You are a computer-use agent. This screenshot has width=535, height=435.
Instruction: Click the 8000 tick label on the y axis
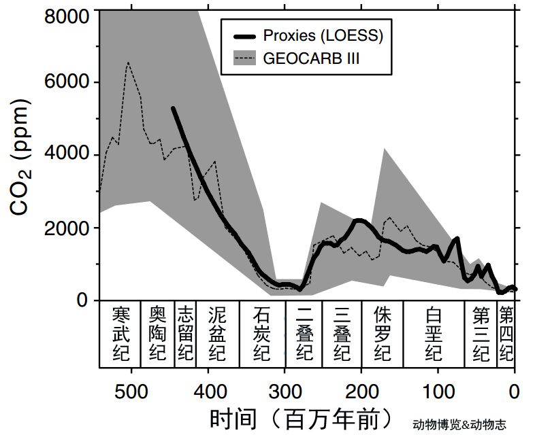tap(67, 13)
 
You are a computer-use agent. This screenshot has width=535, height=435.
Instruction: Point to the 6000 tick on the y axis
tap(67, 82)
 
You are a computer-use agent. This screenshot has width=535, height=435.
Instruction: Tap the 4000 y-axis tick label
tap(67, 154)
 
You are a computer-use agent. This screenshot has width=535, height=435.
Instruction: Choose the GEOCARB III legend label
tap(311, 59)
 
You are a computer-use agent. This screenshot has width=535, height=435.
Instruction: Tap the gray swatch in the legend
tap(244, 59)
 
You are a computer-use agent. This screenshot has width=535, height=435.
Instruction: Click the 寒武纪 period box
tap(120, 333)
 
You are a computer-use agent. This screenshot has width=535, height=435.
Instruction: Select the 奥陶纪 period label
tap(158, 333)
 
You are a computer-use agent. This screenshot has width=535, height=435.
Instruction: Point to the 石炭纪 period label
tap(261, 333)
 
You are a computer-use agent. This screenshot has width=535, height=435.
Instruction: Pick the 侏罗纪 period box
tap(383, 333)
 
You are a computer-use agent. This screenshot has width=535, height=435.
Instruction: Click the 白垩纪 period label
tap(434, 333)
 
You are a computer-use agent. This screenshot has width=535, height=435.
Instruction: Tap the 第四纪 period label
tap(506, 333)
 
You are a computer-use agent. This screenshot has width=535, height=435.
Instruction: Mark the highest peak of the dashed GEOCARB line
tap(127, 63)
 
